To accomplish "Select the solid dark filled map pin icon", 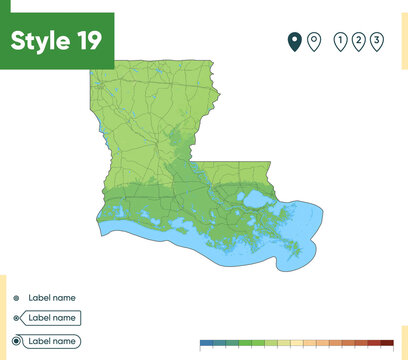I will point(294,41).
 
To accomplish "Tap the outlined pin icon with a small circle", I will point(314,41).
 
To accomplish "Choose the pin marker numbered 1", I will point(341,41).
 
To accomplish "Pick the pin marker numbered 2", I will point(359,41).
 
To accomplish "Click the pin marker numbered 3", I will point(377,41).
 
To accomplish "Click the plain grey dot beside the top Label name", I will point(16,298).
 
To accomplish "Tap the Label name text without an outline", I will point(52,298).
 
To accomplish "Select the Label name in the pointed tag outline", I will point(52,318).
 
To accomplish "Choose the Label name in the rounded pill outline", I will point(52,341).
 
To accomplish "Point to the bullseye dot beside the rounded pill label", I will point(16,341).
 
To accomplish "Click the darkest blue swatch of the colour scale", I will point(207,343).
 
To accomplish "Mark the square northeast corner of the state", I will point(217,63).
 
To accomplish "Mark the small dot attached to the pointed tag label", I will point(16,318).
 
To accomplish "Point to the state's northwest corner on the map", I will point(93,70).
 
